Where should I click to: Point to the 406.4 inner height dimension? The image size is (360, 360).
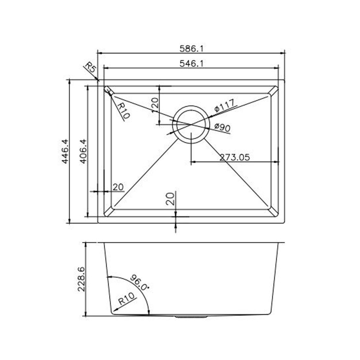click(x=83, y=152)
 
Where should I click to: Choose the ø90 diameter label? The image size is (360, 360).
click(x=222, y=127)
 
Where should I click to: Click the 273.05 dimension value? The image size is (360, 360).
click(x=235, y=157)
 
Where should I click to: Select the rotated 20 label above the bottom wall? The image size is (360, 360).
click(x=171, y=199)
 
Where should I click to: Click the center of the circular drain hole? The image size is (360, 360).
click(x=192, y=125)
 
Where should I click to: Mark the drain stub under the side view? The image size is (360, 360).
click(x=191, y=316)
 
